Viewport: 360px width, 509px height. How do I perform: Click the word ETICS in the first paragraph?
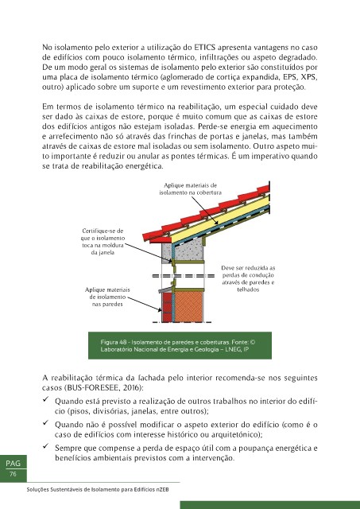(205, 48)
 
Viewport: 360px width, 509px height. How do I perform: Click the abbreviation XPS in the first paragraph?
(309, 77)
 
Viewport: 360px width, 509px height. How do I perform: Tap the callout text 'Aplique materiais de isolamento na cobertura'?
(191, 189)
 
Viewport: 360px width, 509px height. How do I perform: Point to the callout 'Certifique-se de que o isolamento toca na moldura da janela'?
(103, 242)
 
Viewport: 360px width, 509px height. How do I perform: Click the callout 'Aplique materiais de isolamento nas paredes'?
(107, 297)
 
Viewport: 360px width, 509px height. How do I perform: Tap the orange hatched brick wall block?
(188, 306)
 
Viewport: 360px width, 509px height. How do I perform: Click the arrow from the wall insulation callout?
(145, 304)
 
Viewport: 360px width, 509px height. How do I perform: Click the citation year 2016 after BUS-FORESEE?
(133, 388)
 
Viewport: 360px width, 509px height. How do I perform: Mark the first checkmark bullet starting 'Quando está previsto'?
(46, 399)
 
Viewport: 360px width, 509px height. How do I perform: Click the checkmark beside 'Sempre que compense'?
(46, 446)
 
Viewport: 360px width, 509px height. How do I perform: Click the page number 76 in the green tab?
(13, 474)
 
